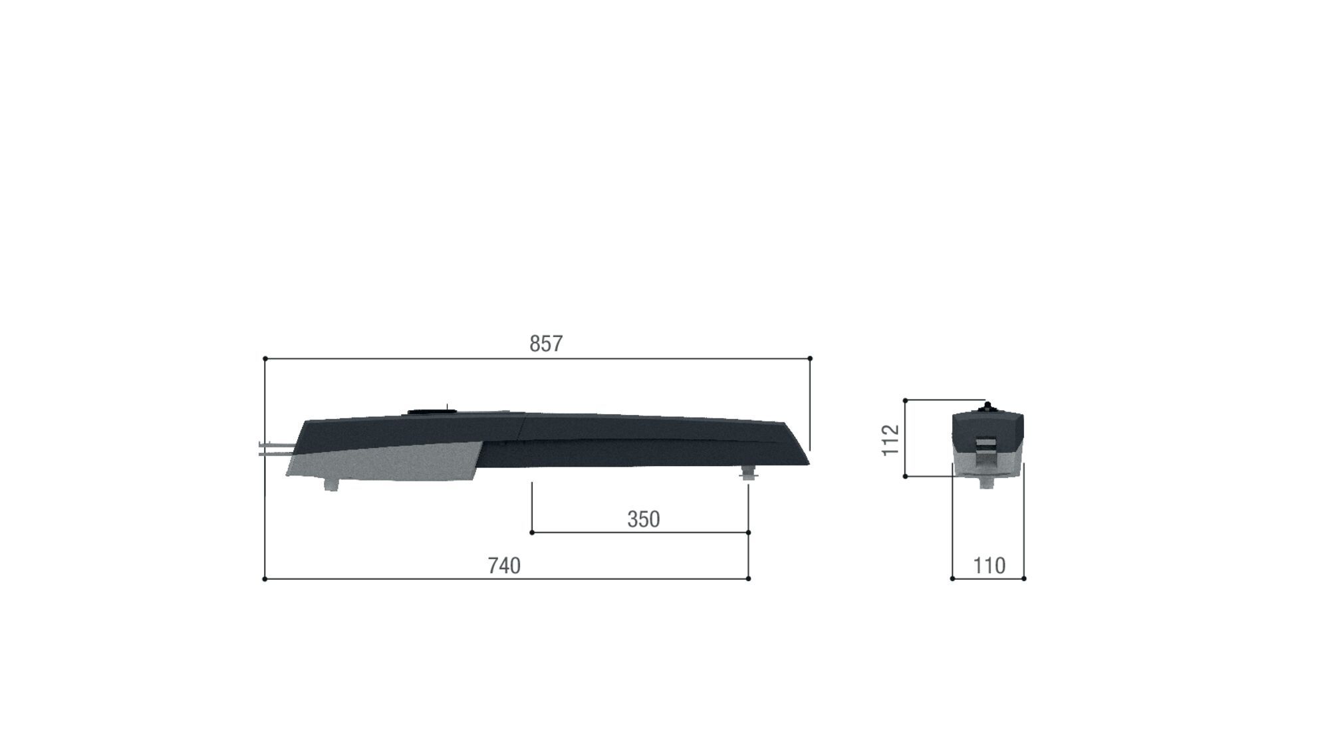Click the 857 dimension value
pyautogui.click(x=546, y=344)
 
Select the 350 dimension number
pyautogui.click(x=643, y=519)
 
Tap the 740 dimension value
pyautogui.click(x=503, y=566)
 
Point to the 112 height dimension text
pyautogui.click(x=890, y=440)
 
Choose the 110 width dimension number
pyautogui.click(x=989, y=566)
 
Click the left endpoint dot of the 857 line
pyautogui.click(x=265, y=359)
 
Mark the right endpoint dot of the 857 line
pyautogui.click(x=810, y=359)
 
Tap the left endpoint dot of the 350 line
pyautogui.click(x=532, y=533)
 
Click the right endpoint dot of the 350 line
pyautogui.click(x=749, y=533)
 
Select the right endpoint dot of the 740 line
pyautogui.click(x=749, y=579)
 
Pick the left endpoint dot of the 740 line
pyautogui.click(x=265, y=579)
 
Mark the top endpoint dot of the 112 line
pyautogui.click(x=905, y=401)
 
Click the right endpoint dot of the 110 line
pyautogui.click(x=1023, y=579)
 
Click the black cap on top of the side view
pyautogui.click(x=428, y=412)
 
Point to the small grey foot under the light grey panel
pyautogui.click(x=331, y=485)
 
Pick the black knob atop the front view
pyautogui.click(x=988, y=406)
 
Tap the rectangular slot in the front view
pyautogui.click(x=986, y=443)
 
